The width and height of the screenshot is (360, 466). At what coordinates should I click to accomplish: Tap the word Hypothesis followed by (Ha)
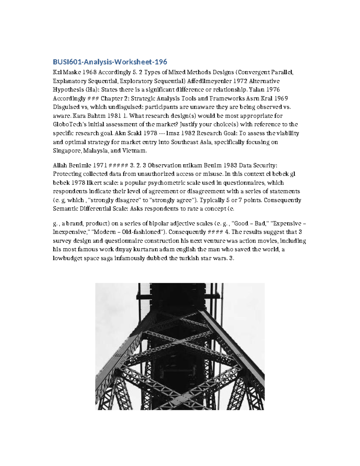67,90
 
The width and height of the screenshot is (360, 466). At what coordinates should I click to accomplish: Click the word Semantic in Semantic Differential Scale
64,209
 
